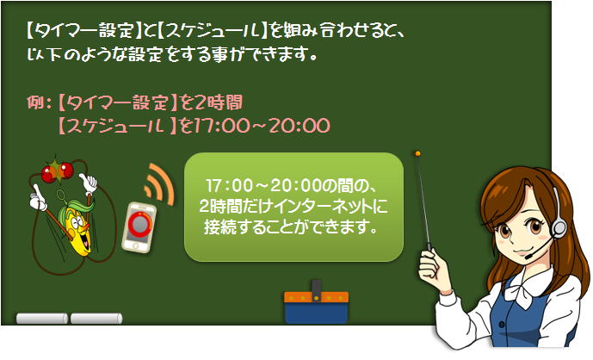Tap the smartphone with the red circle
click(139, 227)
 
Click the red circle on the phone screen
click(139, 224)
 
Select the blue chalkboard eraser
click(316, 306)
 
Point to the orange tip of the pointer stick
click(417, 153)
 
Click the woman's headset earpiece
click(559, 228)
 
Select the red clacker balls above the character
click(57, 172)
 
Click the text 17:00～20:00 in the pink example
click(262, 126)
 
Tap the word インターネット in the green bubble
click(325, 207)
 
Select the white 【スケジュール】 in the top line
click(212, 30)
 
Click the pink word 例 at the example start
click(36, 102)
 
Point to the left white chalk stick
click(42, 319)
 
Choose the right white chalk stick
click(96, 319)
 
